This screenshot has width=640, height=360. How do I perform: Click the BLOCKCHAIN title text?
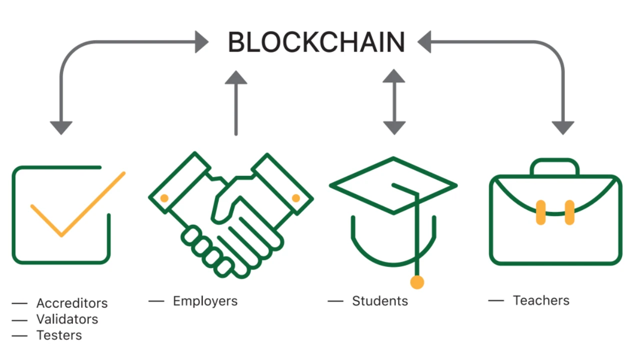316,42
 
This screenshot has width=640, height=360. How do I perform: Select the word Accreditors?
72,303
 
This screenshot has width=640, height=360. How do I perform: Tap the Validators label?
67,319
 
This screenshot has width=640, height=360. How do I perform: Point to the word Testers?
59,335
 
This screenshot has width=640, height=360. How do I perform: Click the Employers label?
205,301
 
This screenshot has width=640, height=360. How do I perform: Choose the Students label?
380,301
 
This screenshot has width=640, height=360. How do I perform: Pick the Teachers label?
541,300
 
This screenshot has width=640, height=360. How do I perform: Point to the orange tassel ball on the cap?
417,282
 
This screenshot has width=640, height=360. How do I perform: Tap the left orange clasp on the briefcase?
540,212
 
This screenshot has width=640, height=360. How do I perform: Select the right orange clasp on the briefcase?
569,212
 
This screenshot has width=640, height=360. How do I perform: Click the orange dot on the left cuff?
164,198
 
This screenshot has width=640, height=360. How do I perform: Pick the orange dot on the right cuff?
295,198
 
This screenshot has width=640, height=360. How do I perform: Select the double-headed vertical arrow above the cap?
394,102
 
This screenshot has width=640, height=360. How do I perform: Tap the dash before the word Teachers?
495,300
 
